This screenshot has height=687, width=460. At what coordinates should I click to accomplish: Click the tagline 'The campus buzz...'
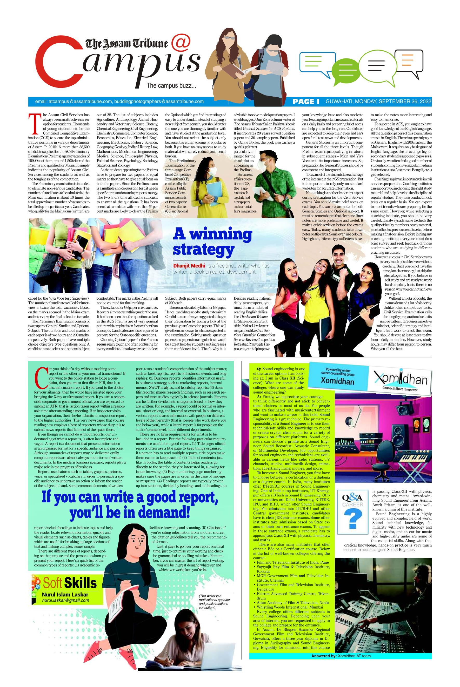tap(171, 86)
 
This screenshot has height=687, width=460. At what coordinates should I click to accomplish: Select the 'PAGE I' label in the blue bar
tap(306, 102)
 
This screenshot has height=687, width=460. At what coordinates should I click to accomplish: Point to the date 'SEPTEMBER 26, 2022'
tap(405, 102)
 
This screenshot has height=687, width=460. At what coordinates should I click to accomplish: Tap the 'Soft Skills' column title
tap(70, 583)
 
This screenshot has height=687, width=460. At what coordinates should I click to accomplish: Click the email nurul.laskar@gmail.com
tap(65, 600)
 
